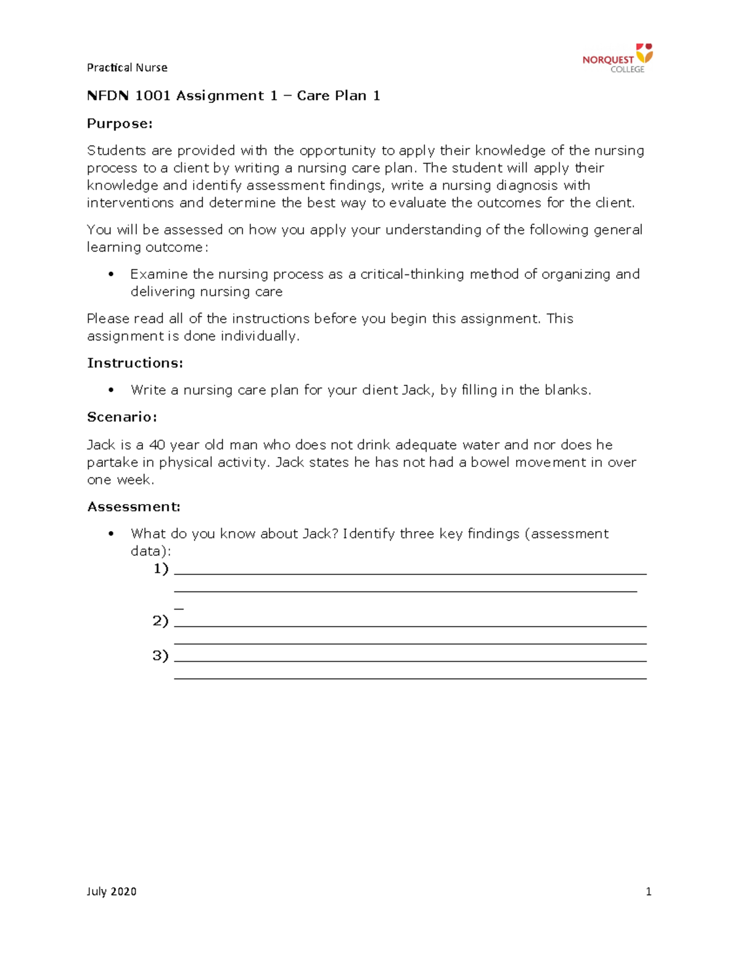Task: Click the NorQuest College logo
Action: tap(617, 58)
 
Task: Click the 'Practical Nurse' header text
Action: tap(127, 67)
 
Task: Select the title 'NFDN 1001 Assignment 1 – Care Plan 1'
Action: tap(233, 96)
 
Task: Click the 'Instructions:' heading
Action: tap(135, 363)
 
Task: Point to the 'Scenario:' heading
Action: tap(122, 417)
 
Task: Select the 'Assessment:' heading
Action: tap(134, 506)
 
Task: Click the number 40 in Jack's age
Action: tap(157, 445)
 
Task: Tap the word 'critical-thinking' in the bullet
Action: tap(412, 274)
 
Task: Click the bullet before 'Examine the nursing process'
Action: tap(111, 275)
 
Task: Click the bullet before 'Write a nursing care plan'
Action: tap(111, 390)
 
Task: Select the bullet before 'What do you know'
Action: tap(111, 534)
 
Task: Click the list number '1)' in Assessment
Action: tap(161, 568)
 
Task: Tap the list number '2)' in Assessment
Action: tap(160, 621)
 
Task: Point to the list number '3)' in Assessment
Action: tap(160, 655)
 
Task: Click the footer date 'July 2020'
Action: tap(112, 891)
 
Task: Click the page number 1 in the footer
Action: tap(648, 891)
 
